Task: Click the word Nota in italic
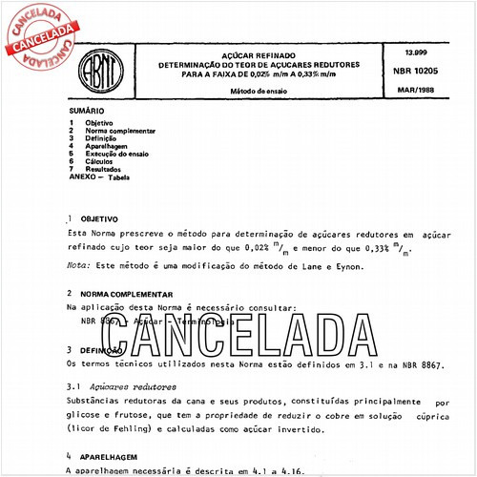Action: coord(76,267)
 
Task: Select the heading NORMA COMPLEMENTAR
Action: coord(127,295)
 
